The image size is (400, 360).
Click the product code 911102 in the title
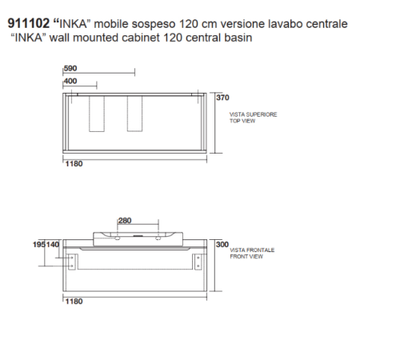point(29,23)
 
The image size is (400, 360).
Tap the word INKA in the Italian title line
point(73,24)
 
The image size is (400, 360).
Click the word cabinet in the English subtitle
point(141,38)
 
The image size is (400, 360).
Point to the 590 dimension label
point(70,68)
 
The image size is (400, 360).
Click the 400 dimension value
point(70,81)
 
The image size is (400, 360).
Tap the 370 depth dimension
point(222,98)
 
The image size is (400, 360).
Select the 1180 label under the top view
point(74,164)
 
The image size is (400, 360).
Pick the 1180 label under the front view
point(74,302)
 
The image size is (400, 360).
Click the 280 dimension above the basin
point(125,221)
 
